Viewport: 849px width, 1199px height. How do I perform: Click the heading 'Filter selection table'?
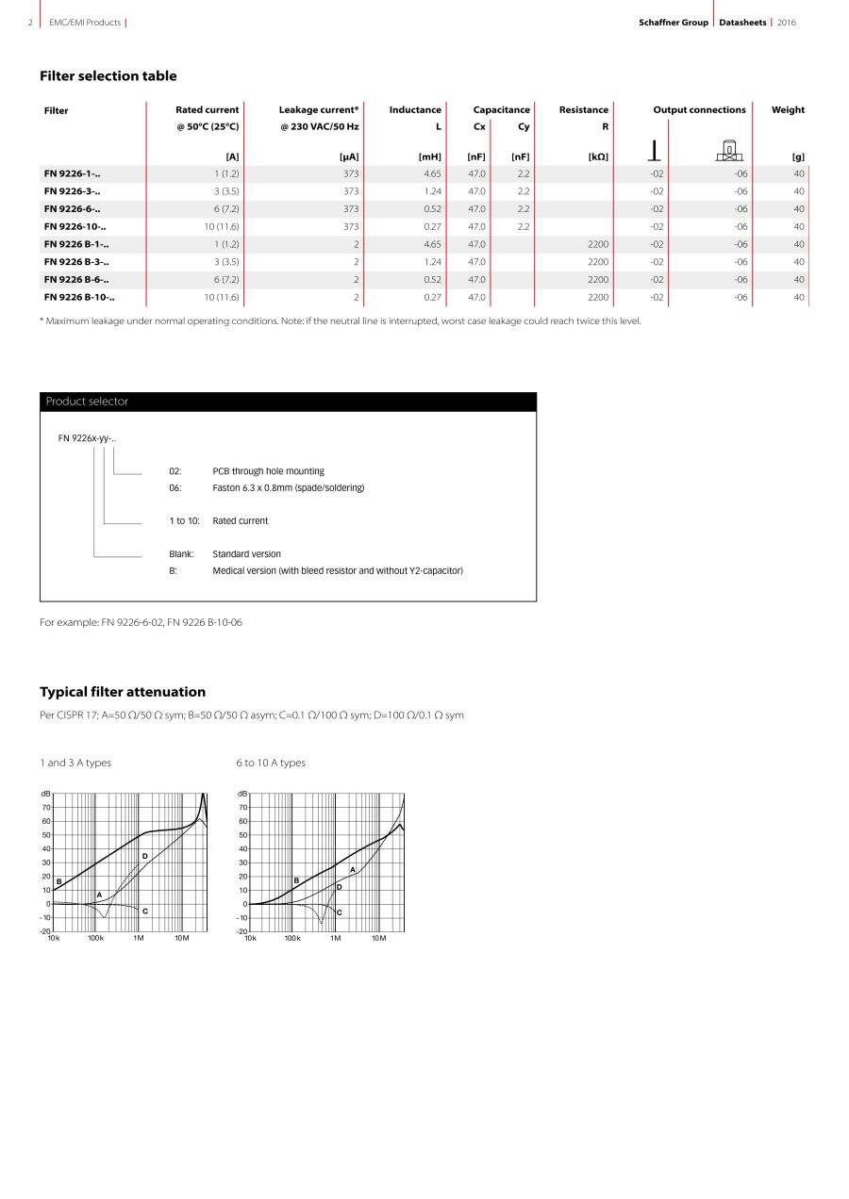108,76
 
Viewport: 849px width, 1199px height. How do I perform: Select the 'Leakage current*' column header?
319,110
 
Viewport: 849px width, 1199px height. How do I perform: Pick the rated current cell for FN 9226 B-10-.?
222,298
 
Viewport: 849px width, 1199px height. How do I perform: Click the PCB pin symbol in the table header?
654,152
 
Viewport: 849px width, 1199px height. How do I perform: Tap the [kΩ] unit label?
597,156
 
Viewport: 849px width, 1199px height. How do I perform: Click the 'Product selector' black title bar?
288,402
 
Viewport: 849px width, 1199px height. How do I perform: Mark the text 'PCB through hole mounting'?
268,471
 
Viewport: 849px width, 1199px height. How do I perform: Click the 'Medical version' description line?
338,571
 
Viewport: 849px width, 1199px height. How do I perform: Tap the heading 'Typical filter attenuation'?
123,692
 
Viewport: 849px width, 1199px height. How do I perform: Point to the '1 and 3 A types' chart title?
75,763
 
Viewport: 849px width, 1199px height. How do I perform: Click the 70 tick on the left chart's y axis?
45,808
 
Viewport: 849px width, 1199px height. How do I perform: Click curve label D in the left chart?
144,856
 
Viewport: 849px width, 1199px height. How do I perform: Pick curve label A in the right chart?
352,869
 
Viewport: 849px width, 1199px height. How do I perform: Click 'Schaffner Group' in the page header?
673,23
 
